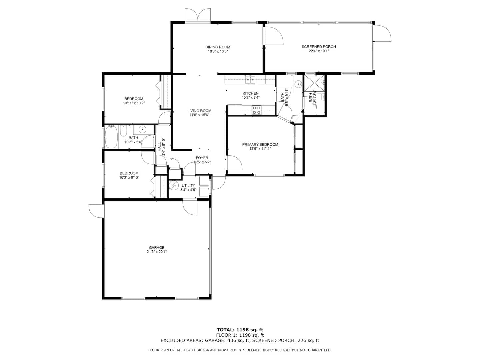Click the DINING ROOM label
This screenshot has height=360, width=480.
[x=217, y=47]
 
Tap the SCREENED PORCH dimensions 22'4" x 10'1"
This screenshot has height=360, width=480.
[x=318, y=51]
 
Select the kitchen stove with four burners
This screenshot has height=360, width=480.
[x=256, y=110]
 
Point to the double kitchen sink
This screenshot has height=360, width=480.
[x=251, y=80]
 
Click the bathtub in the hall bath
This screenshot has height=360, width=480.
[x=111, y=137]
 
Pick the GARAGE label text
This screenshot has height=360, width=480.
[x=156, y=247]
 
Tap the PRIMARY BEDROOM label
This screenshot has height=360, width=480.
[x=260, y=144]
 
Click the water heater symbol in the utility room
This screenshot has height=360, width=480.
[x=174, y=185]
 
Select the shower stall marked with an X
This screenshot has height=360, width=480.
[x=314, y=84]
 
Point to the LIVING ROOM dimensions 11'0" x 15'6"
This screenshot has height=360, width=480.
[x=199, y=115]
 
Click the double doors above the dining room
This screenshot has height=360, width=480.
[x=197, y=15]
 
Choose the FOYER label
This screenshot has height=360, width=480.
[x=202, y=158]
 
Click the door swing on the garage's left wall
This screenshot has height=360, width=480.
[x=95, y=211]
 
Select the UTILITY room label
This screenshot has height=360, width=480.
[x=188, y=186]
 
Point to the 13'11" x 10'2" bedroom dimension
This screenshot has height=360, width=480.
[x=134, y=103]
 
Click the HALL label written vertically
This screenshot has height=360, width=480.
[x=159, y=147]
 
